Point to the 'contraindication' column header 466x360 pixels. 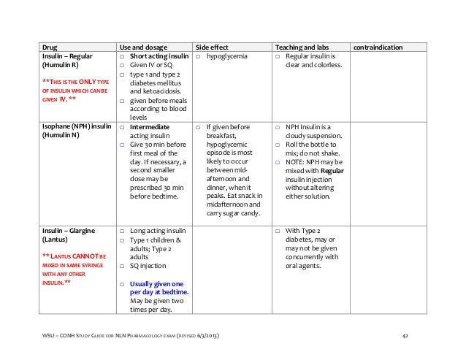tap(378, 47)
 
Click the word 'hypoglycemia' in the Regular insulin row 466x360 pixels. tap(227, 56)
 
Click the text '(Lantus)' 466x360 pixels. tap(56, 240)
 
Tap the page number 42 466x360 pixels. tap(406, 335)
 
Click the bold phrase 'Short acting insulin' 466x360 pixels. tap(159, 56)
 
